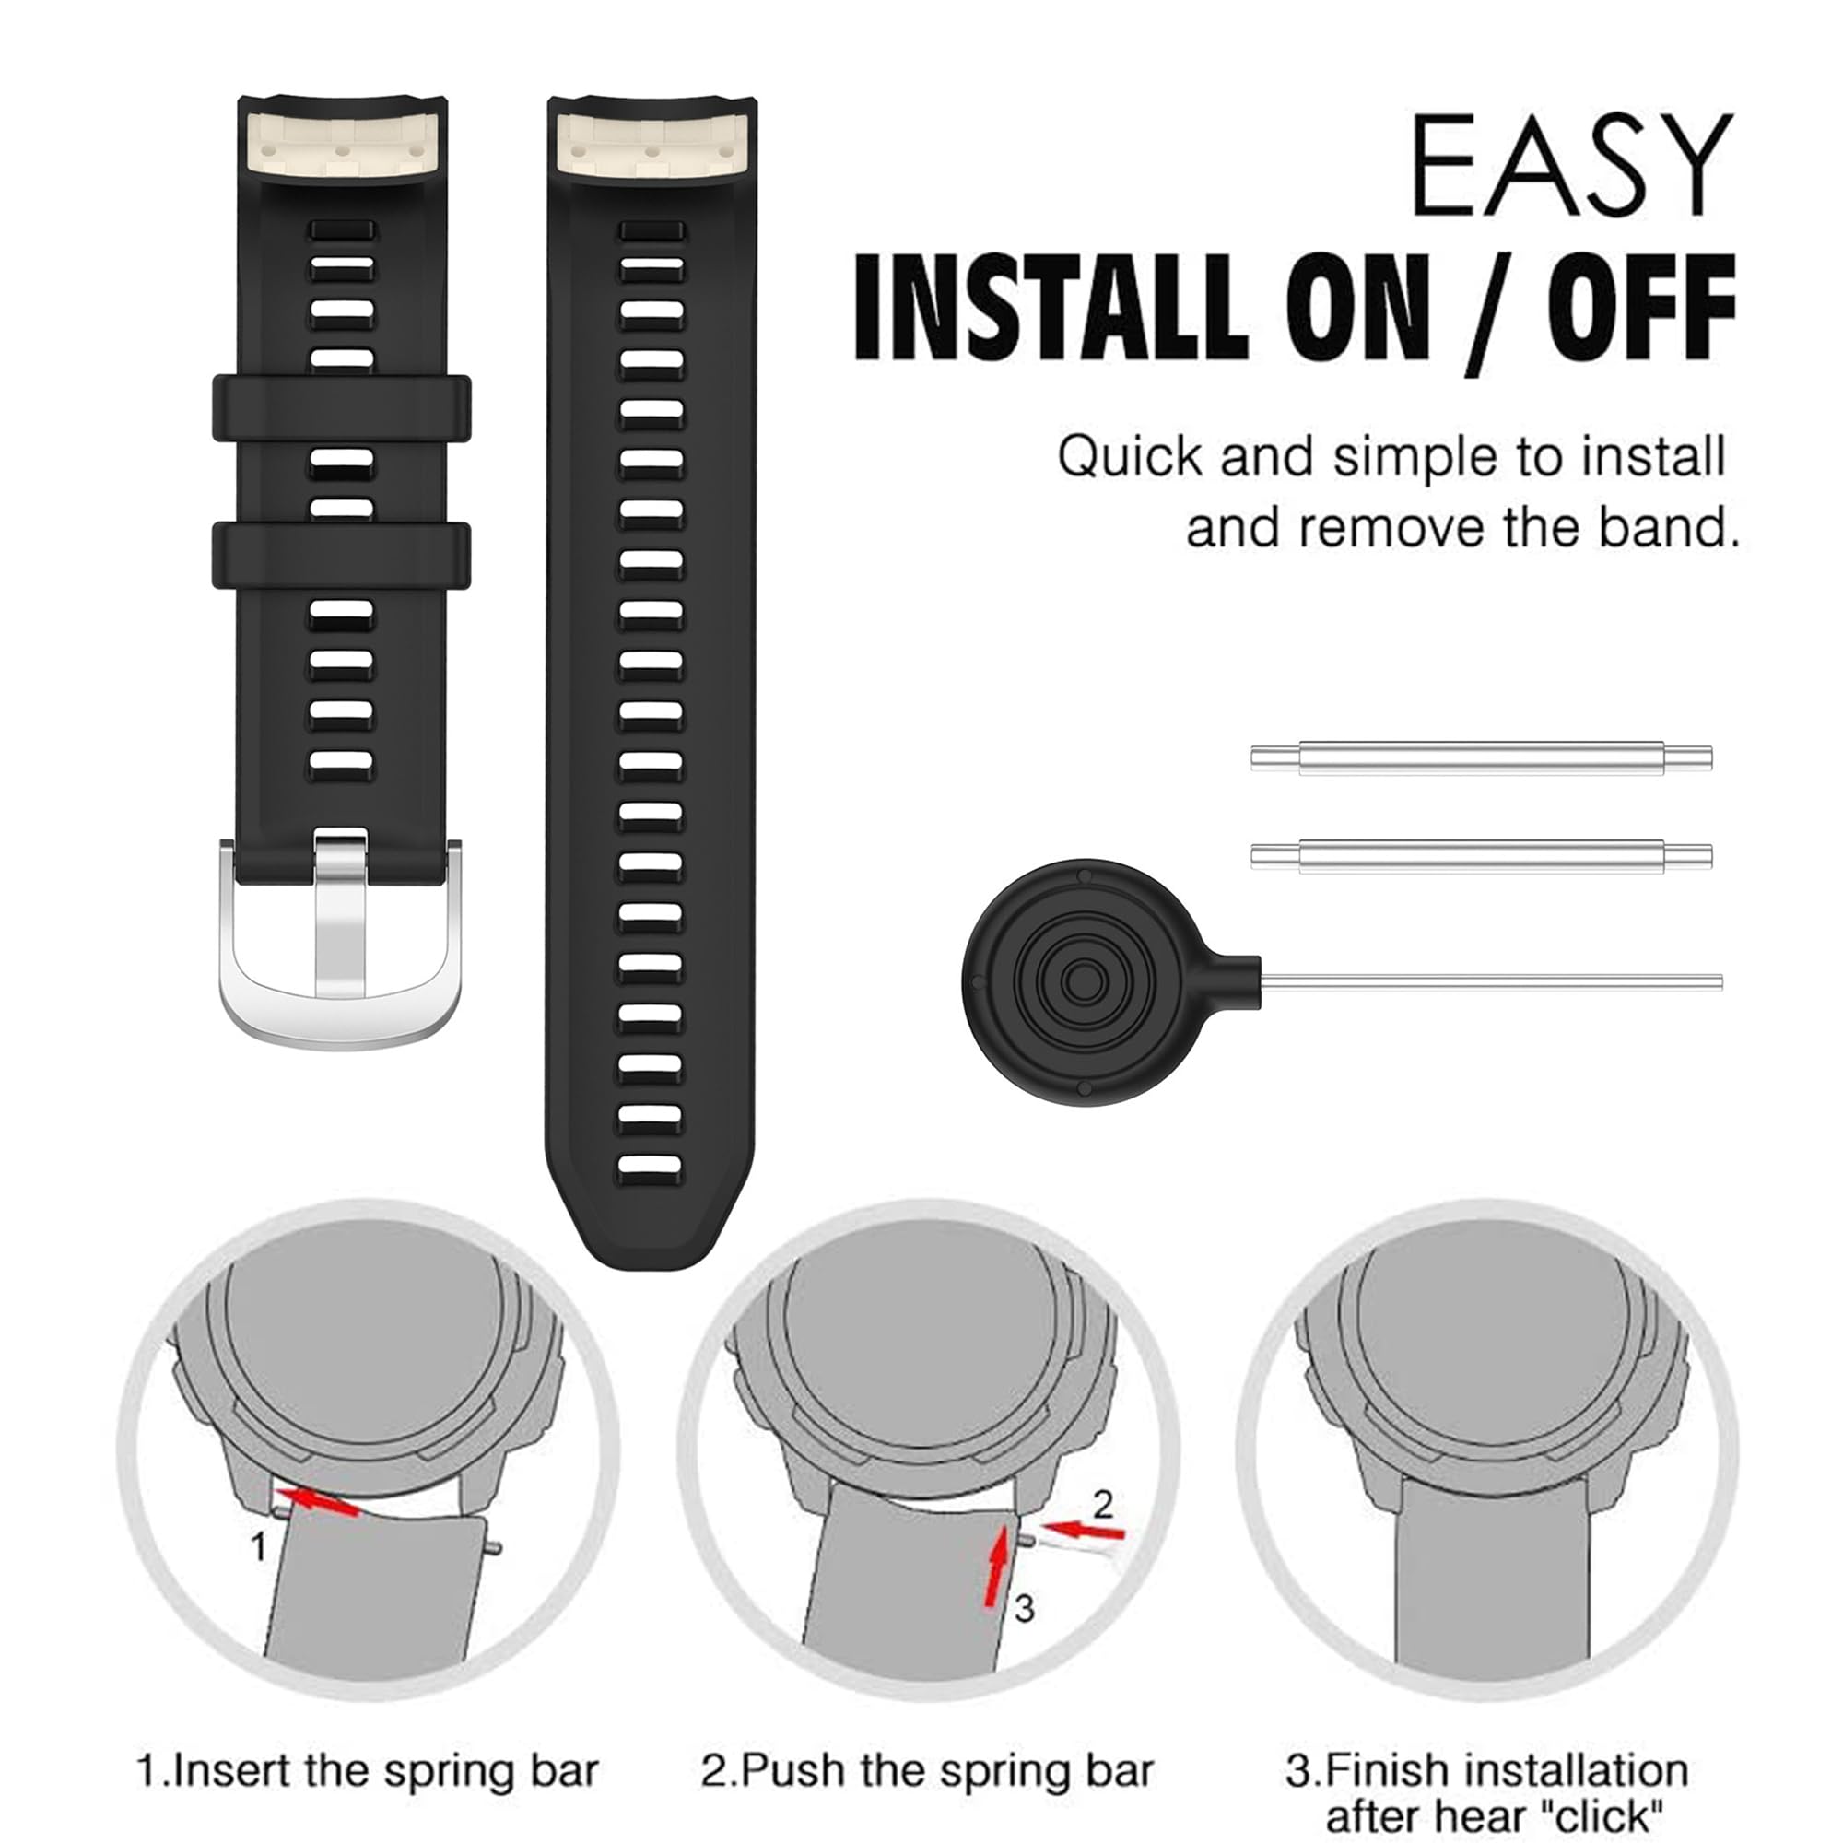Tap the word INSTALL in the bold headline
1051,307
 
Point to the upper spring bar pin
1481,758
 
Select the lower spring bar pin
1481,856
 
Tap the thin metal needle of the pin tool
1491,981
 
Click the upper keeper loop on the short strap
342,408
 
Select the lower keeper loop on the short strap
342,554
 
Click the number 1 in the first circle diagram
258,1547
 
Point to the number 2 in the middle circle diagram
1104,1505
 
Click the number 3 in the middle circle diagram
1025,1608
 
